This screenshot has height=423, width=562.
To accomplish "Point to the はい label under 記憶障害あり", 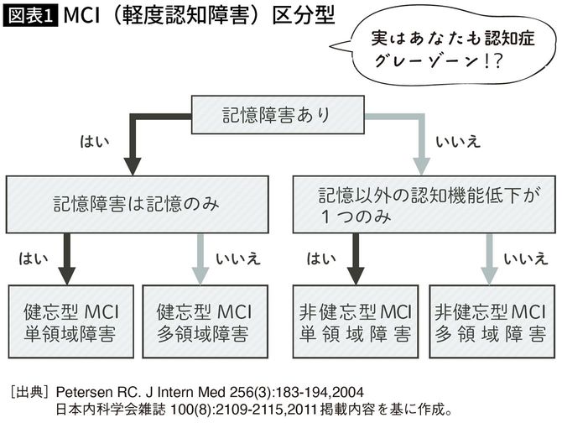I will click(x=93, y=139).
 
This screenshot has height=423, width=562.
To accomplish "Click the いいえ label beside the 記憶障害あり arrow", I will click(x=457, y=140).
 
